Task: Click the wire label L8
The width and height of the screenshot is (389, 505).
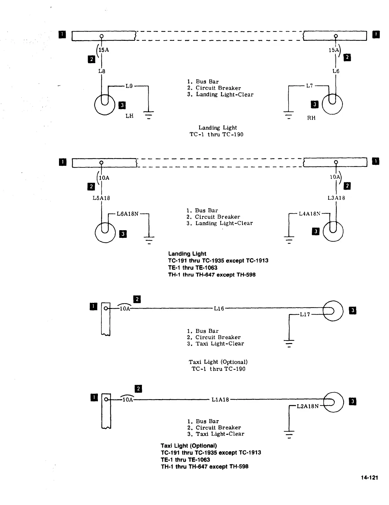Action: click(101, 71)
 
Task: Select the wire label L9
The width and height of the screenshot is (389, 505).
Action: click(129, 86)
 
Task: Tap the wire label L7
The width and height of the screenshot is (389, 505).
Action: click(310, 86)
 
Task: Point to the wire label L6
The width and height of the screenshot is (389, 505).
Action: click(336, 71)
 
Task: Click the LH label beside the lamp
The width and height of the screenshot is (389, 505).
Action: click(129, 116)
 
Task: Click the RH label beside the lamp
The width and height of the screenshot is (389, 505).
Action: click(311, 118)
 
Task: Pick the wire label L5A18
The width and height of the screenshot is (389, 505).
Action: click(101, 198)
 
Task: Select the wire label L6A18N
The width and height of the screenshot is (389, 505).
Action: click(127, 214)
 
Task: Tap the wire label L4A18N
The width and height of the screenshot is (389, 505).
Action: click(310, 214)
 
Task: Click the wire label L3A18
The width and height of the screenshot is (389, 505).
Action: click(336, 198)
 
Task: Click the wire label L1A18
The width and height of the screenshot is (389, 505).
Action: click(220, 400)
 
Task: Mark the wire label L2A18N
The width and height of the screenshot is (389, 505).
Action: click(307, 406)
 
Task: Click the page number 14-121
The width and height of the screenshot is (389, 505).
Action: click(370, 478)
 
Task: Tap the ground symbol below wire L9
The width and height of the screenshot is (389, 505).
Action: click(149, 114)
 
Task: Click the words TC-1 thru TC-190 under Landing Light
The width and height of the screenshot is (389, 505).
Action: click(217, 135)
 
